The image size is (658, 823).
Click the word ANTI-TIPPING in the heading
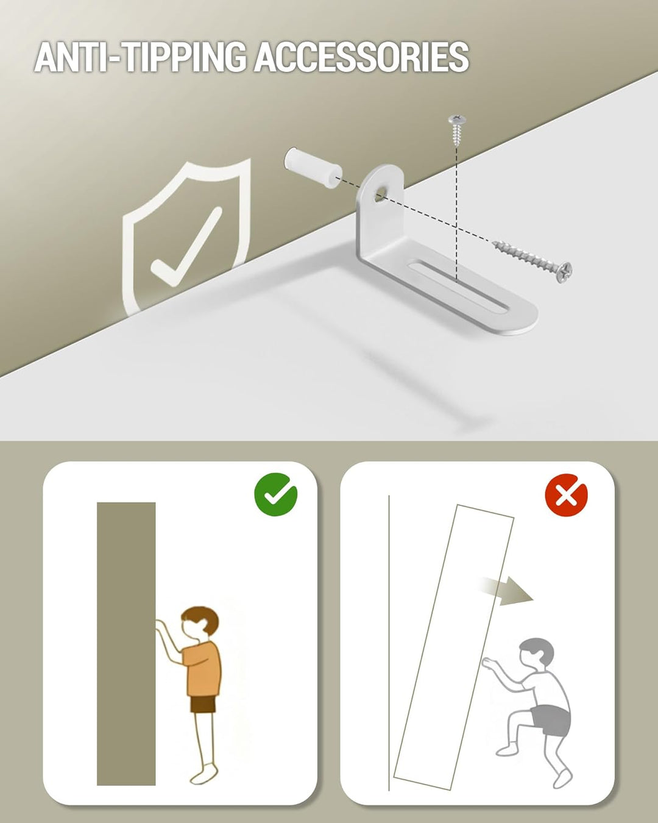[x=140, y=57]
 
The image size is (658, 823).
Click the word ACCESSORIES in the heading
[x=361, y=57]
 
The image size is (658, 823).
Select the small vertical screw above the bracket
[x=458, y=130]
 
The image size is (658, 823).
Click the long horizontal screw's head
[x=564, y=272]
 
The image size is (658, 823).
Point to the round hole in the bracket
[x=380, y=194]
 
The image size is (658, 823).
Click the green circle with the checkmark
[x=275, y=494]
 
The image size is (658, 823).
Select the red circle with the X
[x=566, y=495]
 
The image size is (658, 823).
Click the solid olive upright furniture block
[x=126, y=644]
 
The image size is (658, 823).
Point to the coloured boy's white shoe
[x=203, y=774]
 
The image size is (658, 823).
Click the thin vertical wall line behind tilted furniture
[x=389, y=643]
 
